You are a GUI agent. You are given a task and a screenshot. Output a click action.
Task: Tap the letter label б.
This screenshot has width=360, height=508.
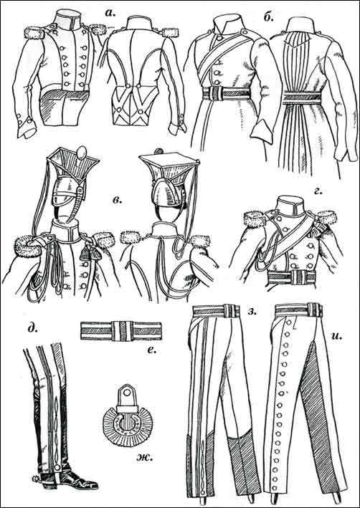(268, 16)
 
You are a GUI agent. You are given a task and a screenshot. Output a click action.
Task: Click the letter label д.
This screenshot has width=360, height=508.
(32, 328)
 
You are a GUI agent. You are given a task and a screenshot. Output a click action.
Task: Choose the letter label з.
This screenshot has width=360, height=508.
(252, 312)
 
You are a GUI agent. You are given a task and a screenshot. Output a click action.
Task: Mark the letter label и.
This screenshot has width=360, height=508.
(337, 335)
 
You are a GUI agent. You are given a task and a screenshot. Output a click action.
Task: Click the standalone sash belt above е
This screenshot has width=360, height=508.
(120, 331)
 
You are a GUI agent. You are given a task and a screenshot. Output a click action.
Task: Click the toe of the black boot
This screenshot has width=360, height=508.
(91, 485)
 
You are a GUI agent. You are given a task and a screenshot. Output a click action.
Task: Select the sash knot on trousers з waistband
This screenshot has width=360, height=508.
(231, 311)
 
